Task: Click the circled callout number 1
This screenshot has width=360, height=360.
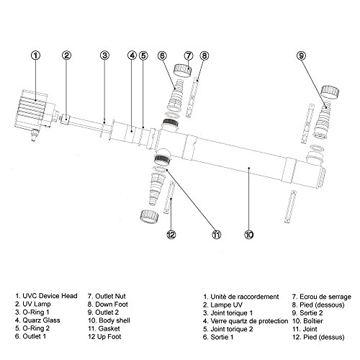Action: (x=36, y=55)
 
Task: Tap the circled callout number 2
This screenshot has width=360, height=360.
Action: (x=67, y=55)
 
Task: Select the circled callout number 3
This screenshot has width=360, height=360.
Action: (x=104, y=55)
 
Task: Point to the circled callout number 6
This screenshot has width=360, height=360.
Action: (x=162, y=55)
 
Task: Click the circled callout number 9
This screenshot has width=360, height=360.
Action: (x=301, y=55)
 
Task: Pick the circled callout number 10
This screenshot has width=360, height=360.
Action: (x=249, y=235)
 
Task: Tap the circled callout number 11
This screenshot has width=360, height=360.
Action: (x=217, y=235)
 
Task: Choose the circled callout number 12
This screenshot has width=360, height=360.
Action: (x=171, y=235)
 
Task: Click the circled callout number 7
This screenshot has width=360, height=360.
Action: (x=189, y=55)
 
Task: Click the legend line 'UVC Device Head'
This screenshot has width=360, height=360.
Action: (x=46, y=296)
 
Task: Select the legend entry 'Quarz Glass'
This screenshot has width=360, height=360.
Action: (x=37, y=320)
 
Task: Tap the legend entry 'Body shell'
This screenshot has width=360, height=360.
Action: (x=109, y=320)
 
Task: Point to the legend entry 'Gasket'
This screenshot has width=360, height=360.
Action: (x=104, y=328)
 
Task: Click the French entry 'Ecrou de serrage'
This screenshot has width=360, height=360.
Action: (x=322, y=297)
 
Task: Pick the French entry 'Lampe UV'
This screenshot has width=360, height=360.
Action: (x=222, y=305)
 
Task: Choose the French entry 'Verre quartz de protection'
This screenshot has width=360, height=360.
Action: (x=246, y=321)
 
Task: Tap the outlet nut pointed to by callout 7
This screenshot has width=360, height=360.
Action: (x=183, y=71)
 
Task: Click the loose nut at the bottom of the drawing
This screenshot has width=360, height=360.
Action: (x=149, y=215)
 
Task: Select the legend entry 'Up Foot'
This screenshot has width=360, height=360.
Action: (x=104, y=337)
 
